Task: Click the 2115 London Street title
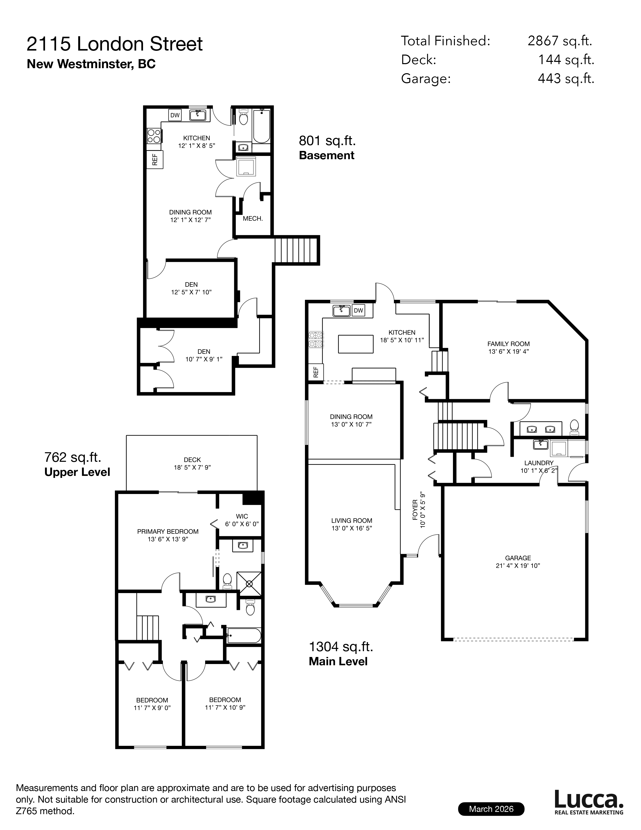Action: coord(114,44)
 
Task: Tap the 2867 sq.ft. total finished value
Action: coord(560,41)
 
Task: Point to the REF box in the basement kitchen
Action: coord(155,159)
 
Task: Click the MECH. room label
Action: coord(253,219)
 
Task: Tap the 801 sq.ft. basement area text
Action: coord(327,141)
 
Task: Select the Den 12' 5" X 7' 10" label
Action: coord(191,288)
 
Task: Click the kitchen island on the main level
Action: coord(355,344)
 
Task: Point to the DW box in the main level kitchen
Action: coord(358,310)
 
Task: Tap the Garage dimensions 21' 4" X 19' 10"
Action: coord(518,565)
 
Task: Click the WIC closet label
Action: coord(242,516)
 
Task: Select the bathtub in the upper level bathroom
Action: coord(244,635)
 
